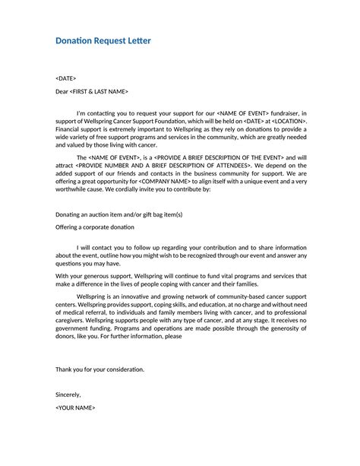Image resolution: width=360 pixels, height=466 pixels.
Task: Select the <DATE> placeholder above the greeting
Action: click(66, 79)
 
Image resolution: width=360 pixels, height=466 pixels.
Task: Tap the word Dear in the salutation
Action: click(62, 92)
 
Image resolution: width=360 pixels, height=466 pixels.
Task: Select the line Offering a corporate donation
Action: click(95, 227)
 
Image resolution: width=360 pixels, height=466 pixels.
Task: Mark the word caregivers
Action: click(70, 320)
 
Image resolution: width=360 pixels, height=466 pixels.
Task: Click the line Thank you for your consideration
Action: click(99, 369)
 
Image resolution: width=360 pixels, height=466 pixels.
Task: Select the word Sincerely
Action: click(68, 395)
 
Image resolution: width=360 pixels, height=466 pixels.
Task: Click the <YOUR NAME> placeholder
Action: click(75, 407)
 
